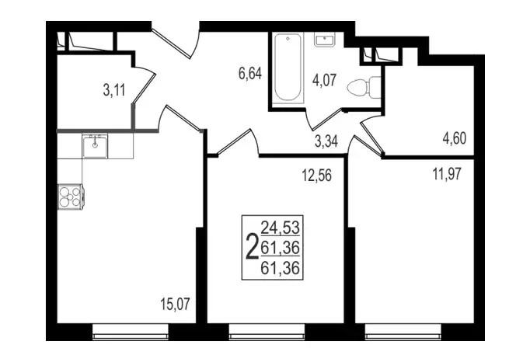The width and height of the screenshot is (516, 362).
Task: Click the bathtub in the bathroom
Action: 288,67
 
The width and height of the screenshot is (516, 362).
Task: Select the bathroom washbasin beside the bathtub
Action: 325,40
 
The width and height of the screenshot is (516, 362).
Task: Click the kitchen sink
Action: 95,146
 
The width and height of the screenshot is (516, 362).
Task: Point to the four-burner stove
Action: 71,197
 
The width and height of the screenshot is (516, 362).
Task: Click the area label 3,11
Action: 114,90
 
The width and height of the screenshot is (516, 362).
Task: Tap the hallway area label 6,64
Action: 250,73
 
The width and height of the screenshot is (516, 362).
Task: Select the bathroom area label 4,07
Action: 325,80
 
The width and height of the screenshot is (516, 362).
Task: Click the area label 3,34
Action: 326,141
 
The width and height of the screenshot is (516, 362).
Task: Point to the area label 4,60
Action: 455,138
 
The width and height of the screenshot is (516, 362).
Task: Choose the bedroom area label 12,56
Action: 317,176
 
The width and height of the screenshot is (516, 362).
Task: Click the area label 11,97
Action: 447,173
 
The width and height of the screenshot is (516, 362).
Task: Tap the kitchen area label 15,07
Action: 176,304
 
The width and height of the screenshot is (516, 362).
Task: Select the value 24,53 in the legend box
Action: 280,228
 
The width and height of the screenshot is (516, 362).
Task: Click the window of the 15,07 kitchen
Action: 131,332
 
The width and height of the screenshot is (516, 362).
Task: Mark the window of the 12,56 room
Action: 267,332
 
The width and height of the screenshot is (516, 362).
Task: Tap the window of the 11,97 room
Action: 403,332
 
